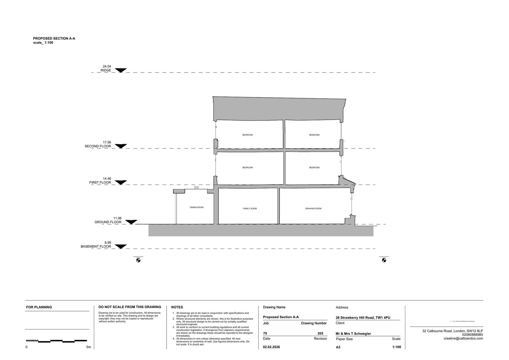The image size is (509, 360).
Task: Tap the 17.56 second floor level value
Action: (x=107, y=142)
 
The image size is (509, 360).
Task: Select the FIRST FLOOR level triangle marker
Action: (x=121, y=182)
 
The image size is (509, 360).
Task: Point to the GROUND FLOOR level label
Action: (x=108, y=222)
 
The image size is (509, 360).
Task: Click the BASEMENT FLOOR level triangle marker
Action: (x=121, y=246)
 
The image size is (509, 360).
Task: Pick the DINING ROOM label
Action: (x=197, y=207)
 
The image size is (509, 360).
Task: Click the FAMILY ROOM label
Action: (x=250, y=208)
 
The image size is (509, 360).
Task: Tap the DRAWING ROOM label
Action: (x=313, y=208)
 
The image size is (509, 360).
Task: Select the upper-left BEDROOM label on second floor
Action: (x=248, y=135)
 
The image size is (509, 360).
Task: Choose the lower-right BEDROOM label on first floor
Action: (x=314, y=167)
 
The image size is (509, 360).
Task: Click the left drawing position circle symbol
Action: (x=138, y=260)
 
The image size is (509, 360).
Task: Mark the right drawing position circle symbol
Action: (x=384, y=260)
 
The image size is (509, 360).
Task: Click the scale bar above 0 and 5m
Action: (x=56, y=341)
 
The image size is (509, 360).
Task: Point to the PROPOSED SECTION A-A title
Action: (x=54, y=39)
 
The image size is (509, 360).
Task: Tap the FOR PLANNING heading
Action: (x=39, y=307)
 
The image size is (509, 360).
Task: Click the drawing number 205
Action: (x=320, y=334)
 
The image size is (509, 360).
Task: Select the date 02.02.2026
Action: (x=271, y=347)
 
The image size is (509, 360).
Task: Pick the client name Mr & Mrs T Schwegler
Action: (x=353, y=334)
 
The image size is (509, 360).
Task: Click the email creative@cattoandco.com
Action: (x=463, y=338)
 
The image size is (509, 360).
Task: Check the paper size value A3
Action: (x=338, y=347)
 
